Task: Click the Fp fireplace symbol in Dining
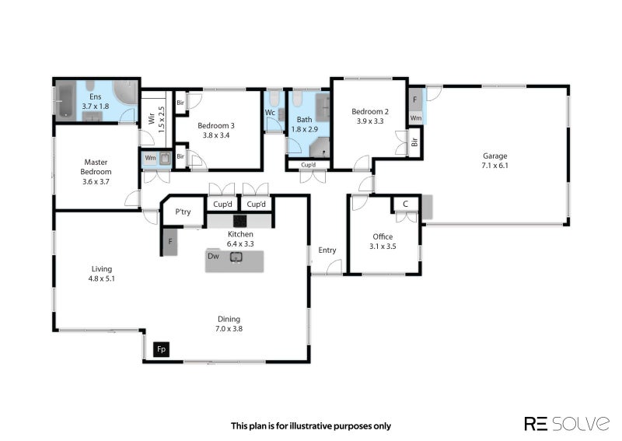coord(162,350)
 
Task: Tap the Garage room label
coord(494,156)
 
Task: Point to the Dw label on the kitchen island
coord(212,255)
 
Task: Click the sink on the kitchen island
coord(236,257)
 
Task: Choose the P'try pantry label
coord(183,212)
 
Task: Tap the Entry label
coord(327,250)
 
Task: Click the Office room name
coord(383,236)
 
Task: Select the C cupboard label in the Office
coord(405,204)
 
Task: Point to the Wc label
coord(270,113)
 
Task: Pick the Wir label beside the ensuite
coord(151,119)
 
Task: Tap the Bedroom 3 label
coord(216,125)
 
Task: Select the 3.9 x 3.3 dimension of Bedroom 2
coord(370,121)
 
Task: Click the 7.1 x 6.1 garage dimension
coord(494,166)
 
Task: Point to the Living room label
coord(101,268)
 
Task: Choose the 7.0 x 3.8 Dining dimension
coord(229,329)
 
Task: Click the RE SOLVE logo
coord(566,423)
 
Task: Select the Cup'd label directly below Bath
coord(309,165)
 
